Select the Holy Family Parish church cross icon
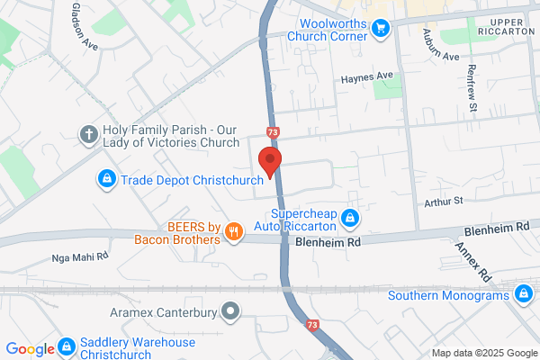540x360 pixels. (88, 135)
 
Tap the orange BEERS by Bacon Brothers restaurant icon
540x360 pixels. (234, 232)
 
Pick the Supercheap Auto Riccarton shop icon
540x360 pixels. (351, 218)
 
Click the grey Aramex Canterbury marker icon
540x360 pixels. (231, 312)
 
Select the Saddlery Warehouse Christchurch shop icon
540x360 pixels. (67, 346)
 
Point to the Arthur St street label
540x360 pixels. (445, 200)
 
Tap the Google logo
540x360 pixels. (31, 348)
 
